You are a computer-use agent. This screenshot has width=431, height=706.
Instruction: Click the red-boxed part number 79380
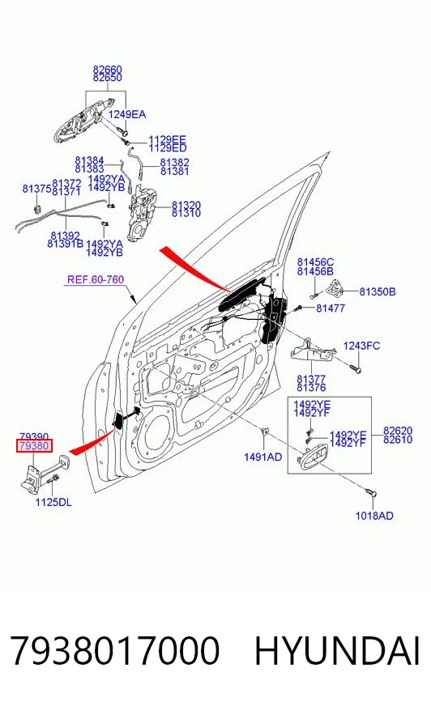click(x=34, y=446)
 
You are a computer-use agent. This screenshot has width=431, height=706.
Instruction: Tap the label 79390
click(x=34, y=436)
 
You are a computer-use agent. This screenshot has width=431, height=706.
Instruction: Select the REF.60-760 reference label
click(x=96, y=279)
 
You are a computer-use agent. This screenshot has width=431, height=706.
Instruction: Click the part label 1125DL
click(x=53, y=502)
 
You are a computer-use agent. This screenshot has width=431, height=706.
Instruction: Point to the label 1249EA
click(x=127, y=114)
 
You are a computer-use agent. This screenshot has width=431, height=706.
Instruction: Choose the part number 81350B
click(x=378, y=291)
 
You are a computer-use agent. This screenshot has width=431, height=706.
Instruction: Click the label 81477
click(x=331, y=308)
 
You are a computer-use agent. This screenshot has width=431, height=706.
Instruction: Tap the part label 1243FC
click(x=361, y=346)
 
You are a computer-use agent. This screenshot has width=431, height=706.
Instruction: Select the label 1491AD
click(x=262, y=457)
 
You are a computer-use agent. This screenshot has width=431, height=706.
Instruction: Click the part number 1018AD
click(x=374, y=516)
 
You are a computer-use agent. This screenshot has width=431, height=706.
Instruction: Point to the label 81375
click(x=37, y=189)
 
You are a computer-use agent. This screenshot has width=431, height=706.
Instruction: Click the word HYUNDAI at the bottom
click(x=338, y=651)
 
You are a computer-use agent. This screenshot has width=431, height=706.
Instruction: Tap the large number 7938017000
click(x=115, y=651)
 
